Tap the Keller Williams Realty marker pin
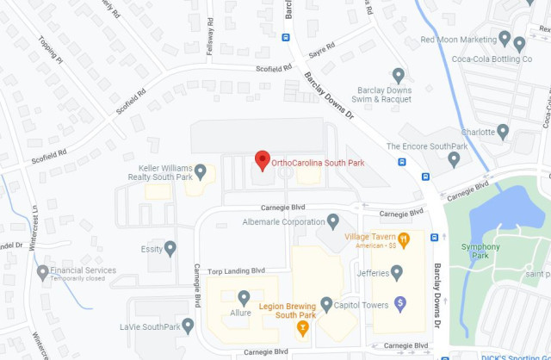point(201,172)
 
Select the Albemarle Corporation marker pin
point(333,221)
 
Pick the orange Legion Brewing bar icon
point(302,327)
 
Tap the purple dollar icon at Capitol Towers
point(399,303)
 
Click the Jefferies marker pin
point(397,273)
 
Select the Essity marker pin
point(170,249)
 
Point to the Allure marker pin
point(245,298)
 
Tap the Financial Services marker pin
point(43,273)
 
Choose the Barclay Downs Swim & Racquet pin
point(398,76)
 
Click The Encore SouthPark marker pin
point(455,158)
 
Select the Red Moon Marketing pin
point(518,42)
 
